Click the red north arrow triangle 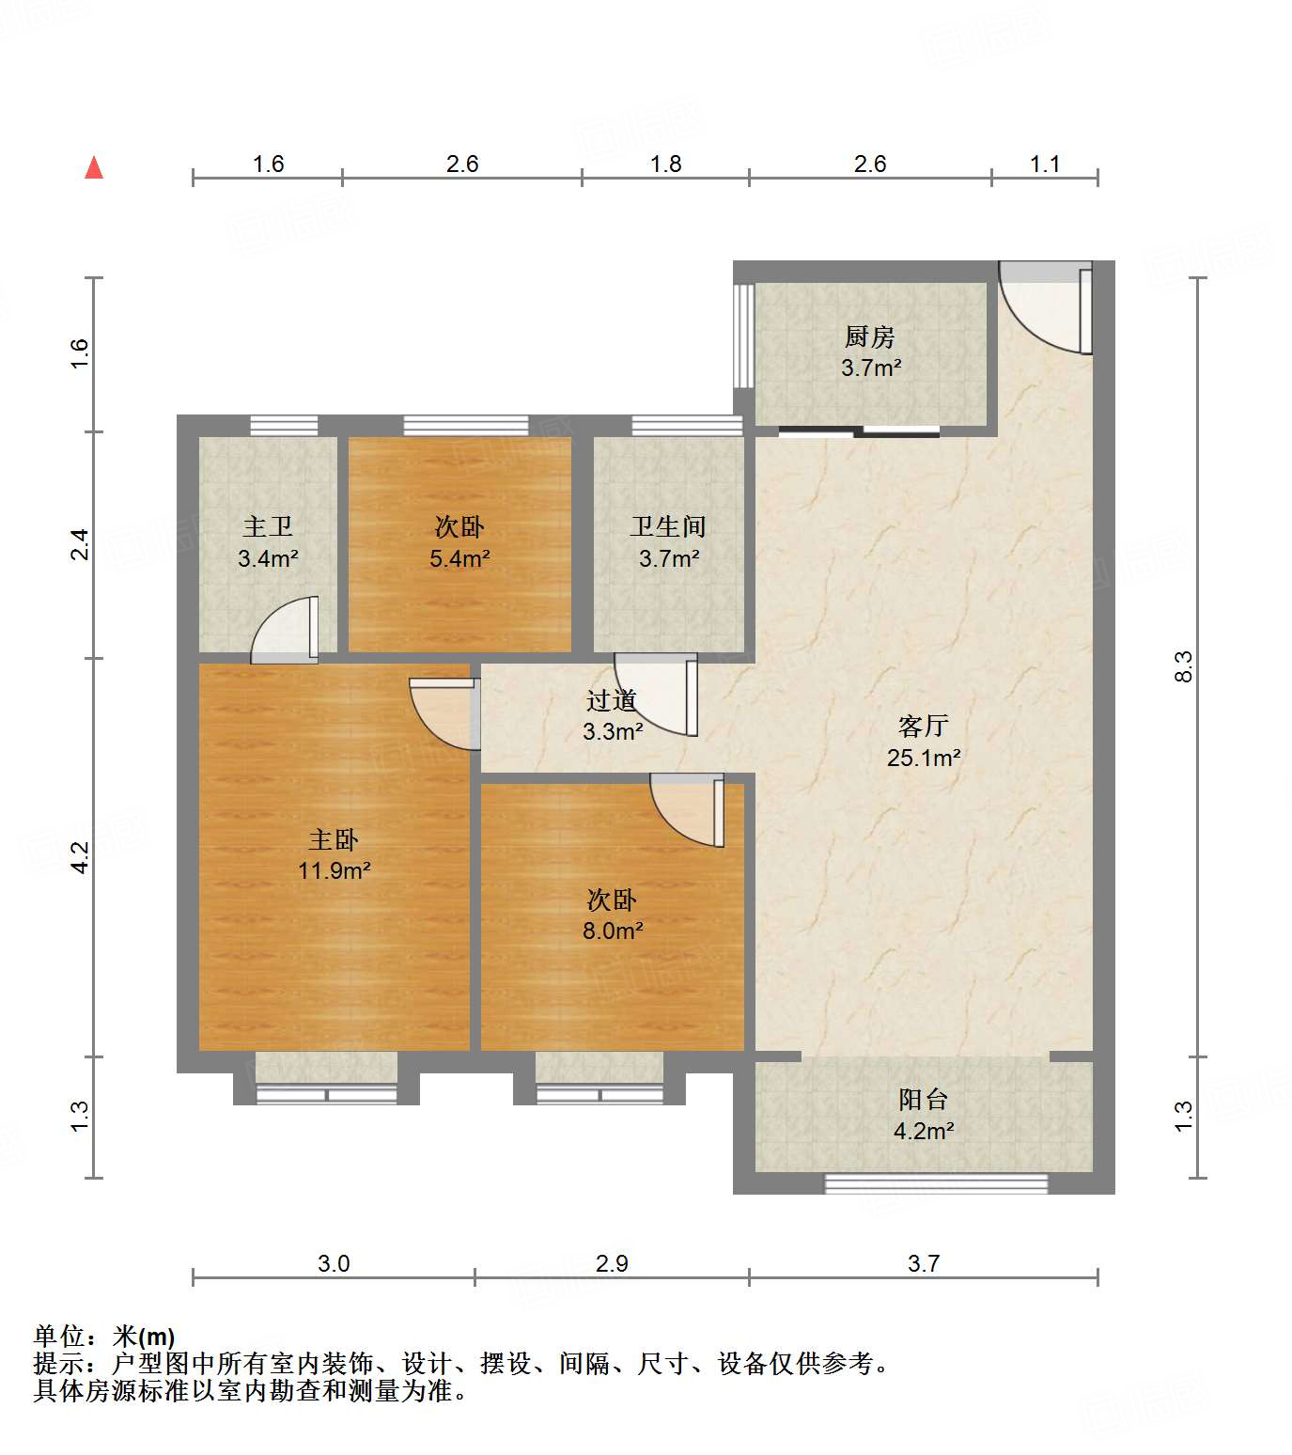coord(94,168)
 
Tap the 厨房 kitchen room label coord(869,336)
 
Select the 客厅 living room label coord(923,726)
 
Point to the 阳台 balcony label coord(923,1099)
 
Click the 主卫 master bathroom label coord(268,527)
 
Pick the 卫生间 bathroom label coord(668,527)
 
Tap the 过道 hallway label coord(612,700)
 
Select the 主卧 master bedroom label coord(334,839)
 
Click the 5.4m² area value coord(459,559)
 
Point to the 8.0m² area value coord(612,931)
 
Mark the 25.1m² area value coord(923,758)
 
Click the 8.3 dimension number coord(1184,666)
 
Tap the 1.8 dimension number coord(665,164)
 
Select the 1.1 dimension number coord(1044,164)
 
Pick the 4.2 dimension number coord(81,856)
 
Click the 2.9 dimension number coord(612,1263)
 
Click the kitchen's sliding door coord(859,432)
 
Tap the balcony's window coord(936,1183)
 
